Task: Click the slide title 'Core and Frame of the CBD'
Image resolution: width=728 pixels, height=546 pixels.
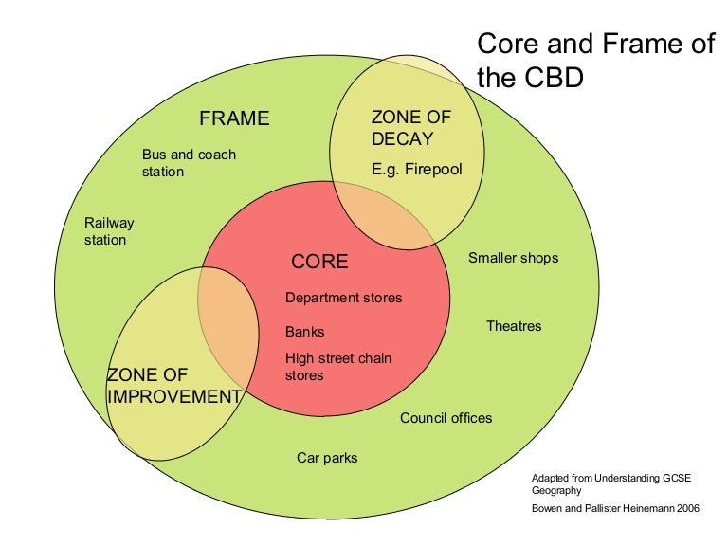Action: [594, 60]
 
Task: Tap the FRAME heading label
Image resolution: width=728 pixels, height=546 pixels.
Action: [234, 118]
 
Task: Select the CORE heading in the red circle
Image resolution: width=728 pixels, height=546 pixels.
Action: [319, 262]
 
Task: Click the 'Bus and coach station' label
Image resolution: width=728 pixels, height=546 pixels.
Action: [189, 163]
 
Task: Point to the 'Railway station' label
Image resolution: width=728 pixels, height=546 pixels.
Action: [109, 231]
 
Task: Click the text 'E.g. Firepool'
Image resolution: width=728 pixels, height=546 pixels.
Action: [416, 171]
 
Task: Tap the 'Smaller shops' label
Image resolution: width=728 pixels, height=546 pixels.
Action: [513, 258]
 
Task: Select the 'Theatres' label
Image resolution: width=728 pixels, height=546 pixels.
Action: [514, 326]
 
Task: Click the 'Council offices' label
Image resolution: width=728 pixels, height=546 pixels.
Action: [446, 418]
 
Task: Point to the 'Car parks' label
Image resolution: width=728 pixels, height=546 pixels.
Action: [327, 458]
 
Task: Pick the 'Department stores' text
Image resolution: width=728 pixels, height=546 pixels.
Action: [343, 298]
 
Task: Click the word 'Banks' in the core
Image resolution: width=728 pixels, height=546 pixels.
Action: [304, 332]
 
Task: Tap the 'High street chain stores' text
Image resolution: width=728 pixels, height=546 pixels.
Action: [338, 367]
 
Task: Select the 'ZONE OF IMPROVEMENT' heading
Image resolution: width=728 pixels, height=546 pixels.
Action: [173, 386]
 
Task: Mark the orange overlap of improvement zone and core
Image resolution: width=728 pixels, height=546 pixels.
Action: [227, 322]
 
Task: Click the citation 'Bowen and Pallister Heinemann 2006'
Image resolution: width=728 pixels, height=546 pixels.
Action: [615, 509]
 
